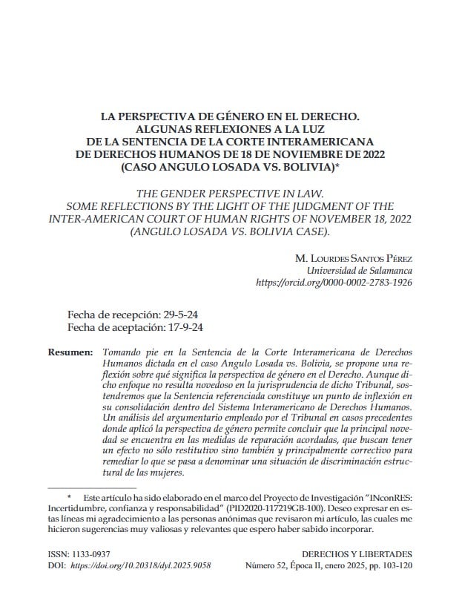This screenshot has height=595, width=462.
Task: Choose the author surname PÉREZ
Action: click(x=394, y=257)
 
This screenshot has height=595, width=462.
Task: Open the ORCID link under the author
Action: click(x=334, y=283)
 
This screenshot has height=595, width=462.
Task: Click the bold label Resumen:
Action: click(x=70, y=350)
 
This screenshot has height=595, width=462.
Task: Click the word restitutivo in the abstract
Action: click(x=210, y=450)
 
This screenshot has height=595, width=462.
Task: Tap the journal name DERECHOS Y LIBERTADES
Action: click(x=358, y=553)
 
